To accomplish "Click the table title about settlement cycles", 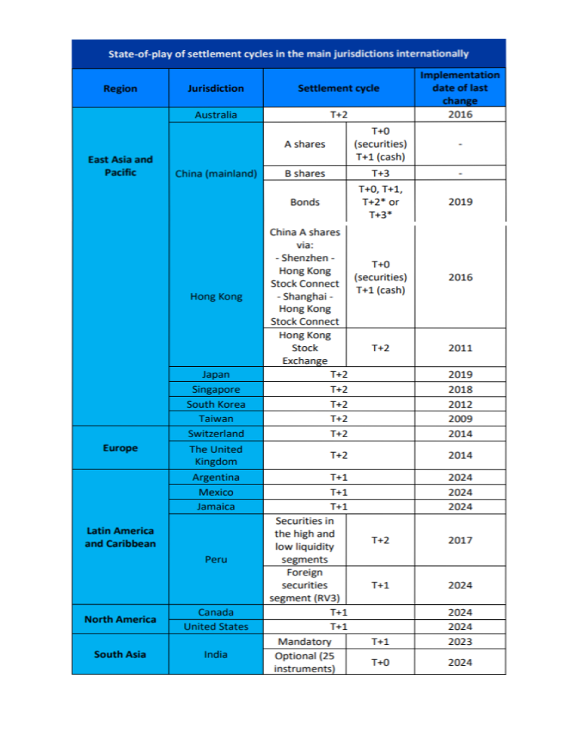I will (288, 54).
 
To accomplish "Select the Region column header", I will (120, 88).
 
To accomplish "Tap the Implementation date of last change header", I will (460, 88).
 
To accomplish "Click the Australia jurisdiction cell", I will (215, 115).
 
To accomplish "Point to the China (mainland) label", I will (216, 173).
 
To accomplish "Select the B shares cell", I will (304, 173).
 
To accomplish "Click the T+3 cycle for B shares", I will (380, 173).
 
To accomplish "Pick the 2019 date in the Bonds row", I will (460, 202).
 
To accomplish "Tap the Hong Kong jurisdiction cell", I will (216, 296).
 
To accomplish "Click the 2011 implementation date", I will (460, 348).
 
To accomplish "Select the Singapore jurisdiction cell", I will (216, 389).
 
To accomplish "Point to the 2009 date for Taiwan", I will (460, 419).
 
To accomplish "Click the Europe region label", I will (120, 448).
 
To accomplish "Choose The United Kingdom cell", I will (216, 455).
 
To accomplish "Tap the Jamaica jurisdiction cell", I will (216, 507).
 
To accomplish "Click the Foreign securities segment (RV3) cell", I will (304, 585).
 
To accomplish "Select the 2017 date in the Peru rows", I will (460, 540).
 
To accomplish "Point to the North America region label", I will (120, 619).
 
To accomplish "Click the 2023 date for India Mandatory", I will (460, 641).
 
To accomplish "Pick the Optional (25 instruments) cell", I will (304, 662).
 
